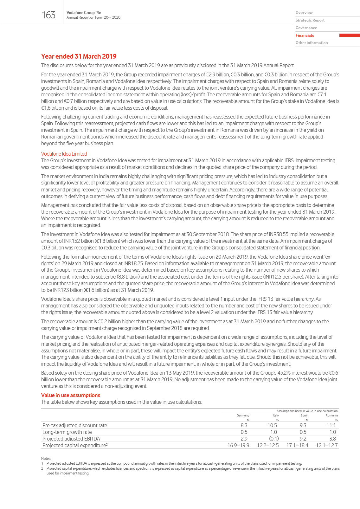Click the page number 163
(x=48, y=15)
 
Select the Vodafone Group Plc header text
(x=84, y=13)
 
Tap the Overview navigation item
(x=304, y=13)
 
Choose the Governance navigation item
(x=306, y=28)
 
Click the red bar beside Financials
(x=349, y=35)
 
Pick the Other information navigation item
(x=312, y=43)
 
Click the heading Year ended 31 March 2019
(x=79, y=56)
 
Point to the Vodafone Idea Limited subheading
(x=64, y=154)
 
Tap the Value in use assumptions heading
(x=71, y=395)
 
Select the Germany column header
(x=243, y=415)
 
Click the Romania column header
(x=331, y=415)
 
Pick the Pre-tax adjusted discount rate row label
(x=75, y=425)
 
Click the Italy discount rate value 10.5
(x=272, y=425)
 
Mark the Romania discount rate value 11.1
(x=331, y=425)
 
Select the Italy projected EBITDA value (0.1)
(x=274, y=439)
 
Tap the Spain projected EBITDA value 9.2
(x=303, y=439)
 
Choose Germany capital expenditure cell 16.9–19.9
(x=238, y=445)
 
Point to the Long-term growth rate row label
(x=67, y=432)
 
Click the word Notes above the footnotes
(x=46, y=459)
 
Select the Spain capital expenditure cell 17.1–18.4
(x=297, y=445)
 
